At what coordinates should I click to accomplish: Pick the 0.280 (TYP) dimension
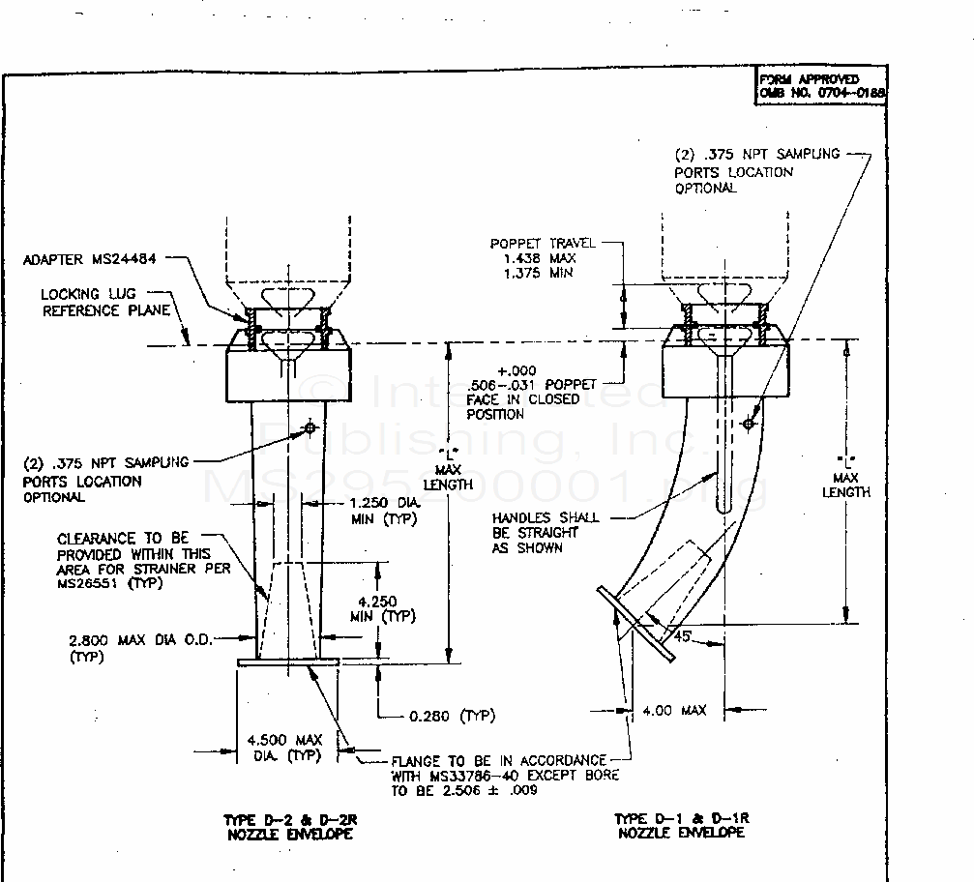[452, 716]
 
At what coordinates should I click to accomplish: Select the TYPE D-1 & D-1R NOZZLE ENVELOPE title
[682, 825]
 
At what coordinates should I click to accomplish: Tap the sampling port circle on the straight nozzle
[310, 427]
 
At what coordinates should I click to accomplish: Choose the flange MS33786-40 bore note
[505, 776]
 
